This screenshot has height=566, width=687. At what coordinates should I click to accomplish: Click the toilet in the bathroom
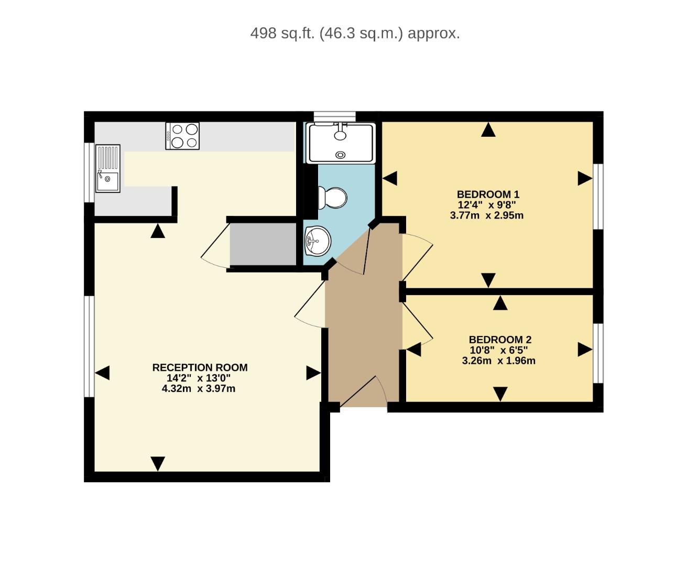[x=333, y=198]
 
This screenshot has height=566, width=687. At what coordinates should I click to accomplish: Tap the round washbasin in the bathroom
[x=318, y=241]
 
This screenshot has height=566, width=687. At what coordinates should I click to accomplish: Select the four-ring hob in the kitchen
[x=182, y=136]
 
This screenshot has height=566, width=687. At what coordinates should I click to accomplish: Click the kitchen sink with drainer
[x=107, y=168]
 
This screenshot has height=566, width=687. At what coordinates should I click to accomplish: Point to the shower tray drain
[x=341, y=155]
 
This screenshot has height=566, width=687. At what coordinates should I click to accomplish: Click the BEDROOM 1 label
[x=487, y=194]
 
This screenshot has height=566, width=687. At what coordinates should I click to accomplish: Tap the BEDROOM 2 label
[x=500, y=340]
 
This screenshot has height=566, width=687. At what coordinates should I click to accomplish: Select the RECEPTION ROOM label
[x=200, y=367]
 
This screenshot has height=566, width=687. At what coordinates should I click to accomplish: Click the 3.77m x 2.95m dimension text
[x=486, y=215]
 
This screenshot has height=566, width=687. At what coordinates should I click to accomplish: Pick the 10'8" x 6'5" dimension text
[x=498, y=350]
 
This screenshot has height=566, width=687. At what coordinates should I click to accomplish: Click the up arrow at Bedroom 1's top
[x=488, y=130]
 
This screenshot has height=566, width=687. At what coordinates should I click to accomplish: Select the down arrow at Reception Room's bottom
[x=158, y=463]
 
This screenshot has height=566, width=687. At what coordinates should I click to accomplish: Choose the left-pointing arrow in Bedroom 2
[x=414, y=350]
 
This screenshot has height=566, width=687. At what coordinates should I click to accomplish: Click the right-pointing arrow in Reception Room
[x=313, y=373]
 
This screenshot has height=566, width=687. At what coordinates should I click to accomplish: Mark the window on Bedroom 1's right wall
[x=598, y=196]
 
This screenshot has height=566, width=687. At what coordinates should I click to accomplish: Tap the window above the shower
[x=334, y=116]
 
